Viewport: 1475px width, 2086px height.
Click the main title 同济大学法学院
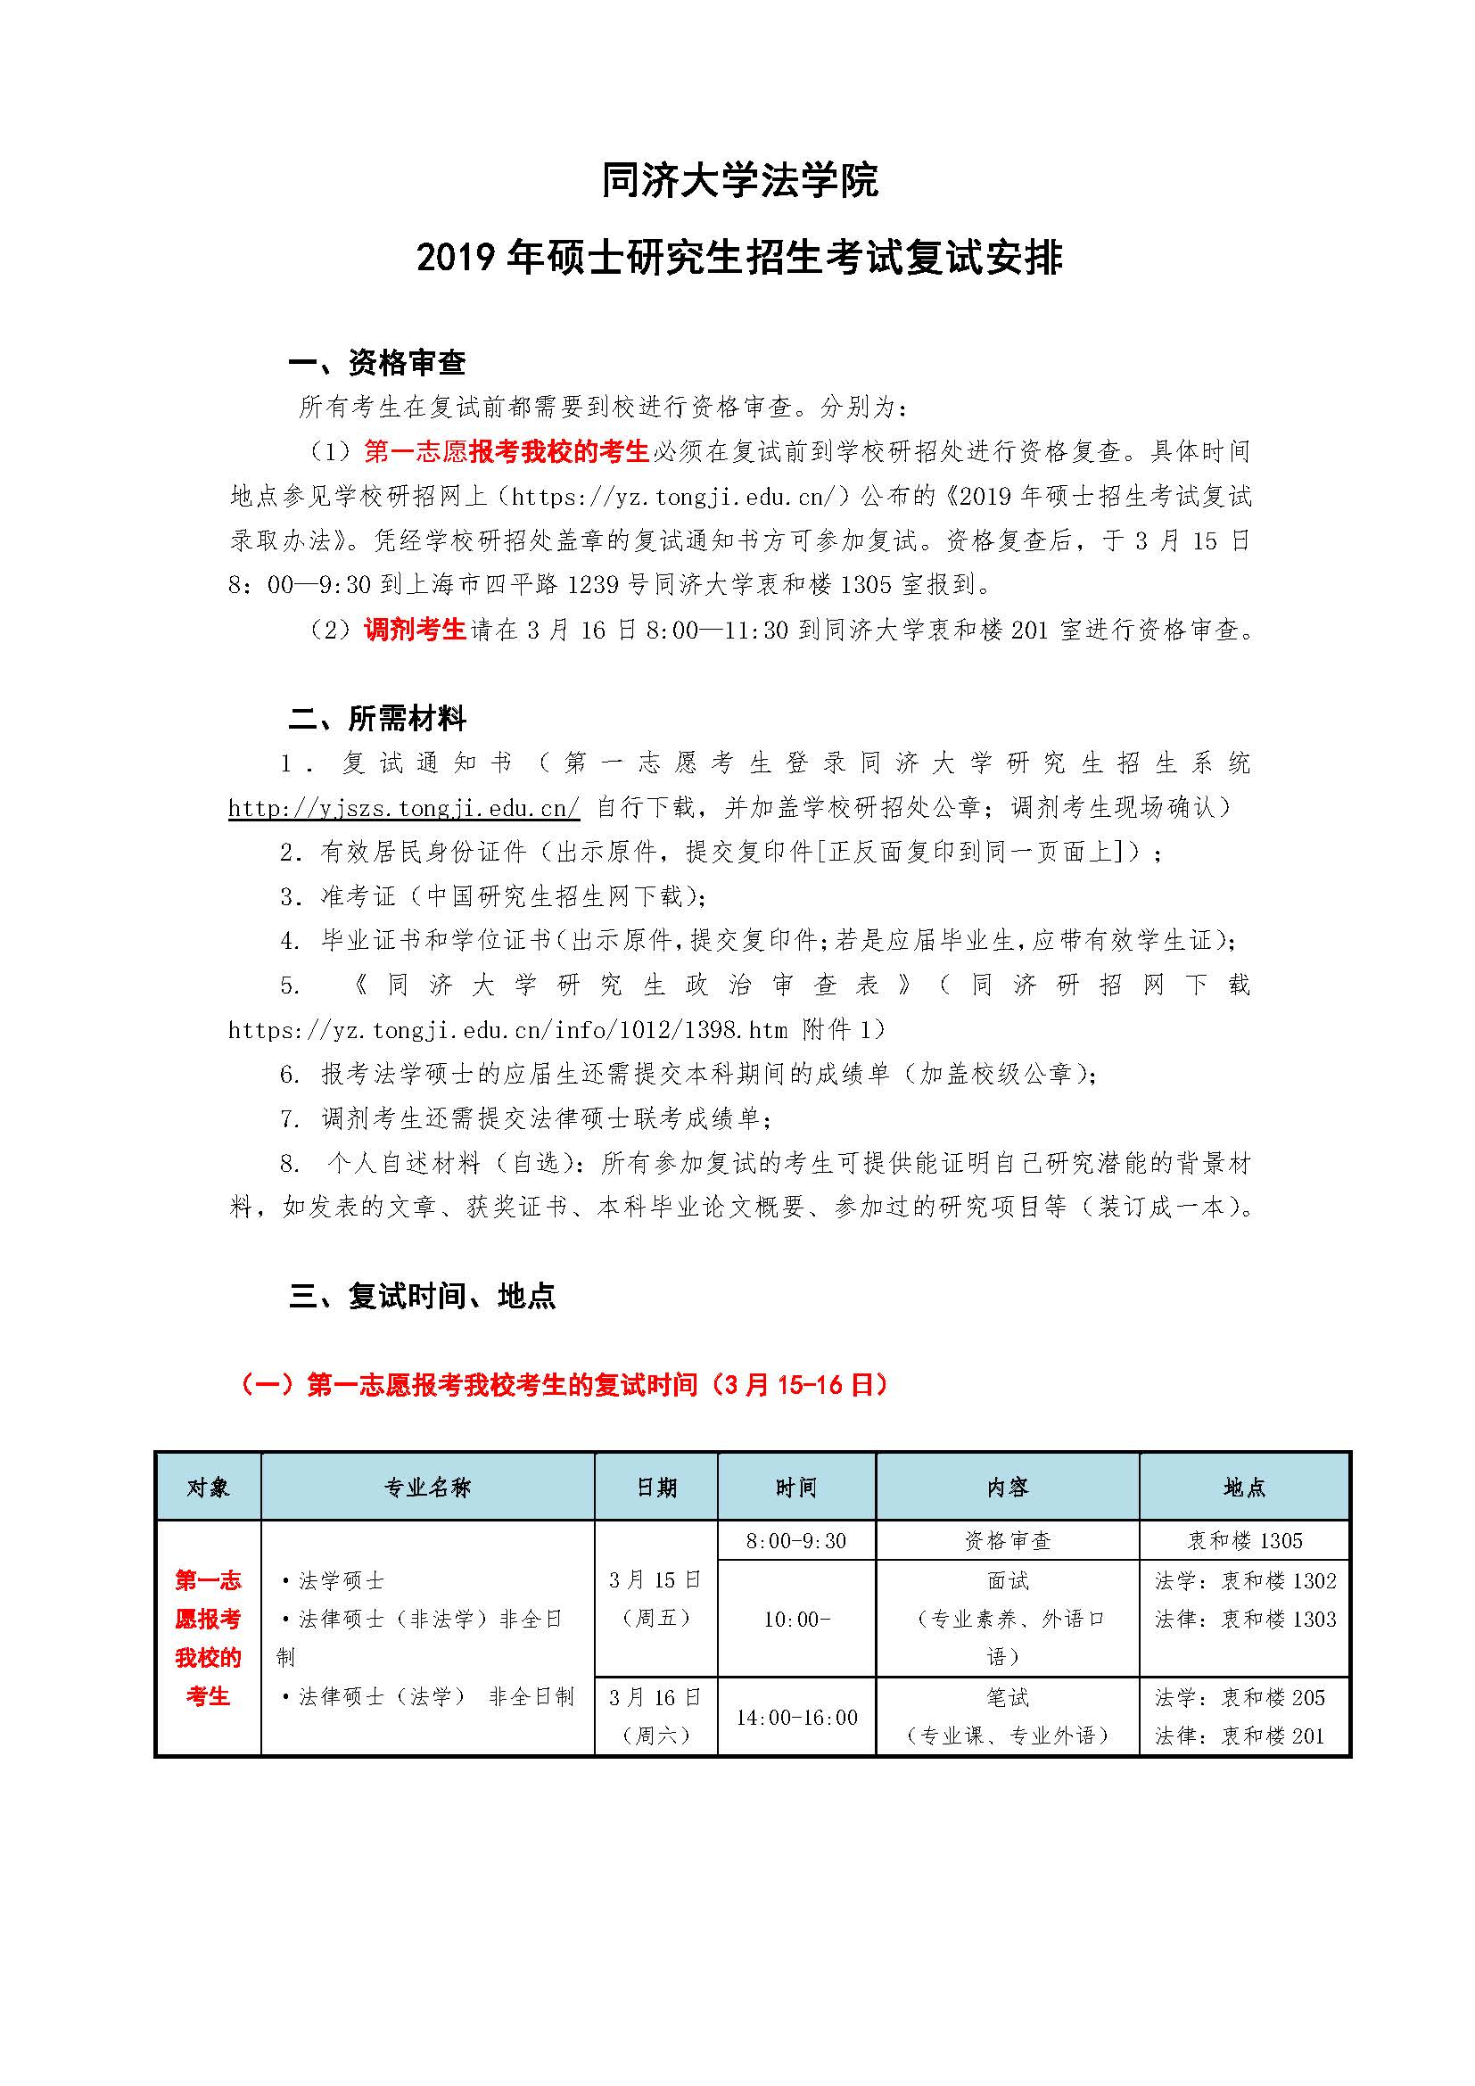739,181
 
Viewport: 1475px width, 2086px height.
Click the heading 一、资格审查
376,363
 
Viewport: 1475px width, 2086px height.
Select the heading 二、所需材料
376,719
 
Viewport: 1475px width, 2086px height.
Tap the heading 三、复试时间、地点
422,1295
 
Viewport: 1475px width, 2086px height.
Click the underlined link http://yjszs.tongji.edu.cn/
403,808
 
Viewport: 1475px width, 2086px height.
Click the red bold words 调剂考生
414,629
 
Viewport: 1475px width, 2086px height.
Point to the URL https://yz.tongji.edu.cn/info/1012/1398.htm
507,1030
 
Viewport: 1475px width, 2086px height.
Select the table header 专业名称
427,1488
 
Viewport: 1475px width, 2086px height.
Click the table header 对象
208,1488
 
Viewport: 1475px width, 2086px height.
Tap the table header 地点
1244,1488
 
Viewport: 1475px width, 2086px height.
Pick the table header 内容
1007,1488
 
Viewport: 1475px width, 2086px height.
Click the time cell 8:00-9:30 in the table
795,1541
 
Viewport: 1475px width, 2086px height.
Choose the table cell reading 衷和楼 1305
1244,1541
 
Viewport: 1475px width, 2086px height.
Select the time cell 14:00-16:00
795,1716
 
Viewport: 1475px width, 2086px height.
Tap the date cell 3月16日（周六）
655,1716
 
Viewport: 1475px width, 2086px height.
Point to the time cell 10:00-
795,1619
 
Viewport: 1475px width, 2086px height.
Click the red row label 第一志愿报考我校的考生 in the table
208,1637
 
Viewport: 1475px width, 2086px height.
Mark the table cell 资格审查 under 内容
1007,1541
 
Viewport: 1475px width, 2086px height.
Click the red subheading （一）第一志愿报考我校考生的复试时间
563,1385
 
